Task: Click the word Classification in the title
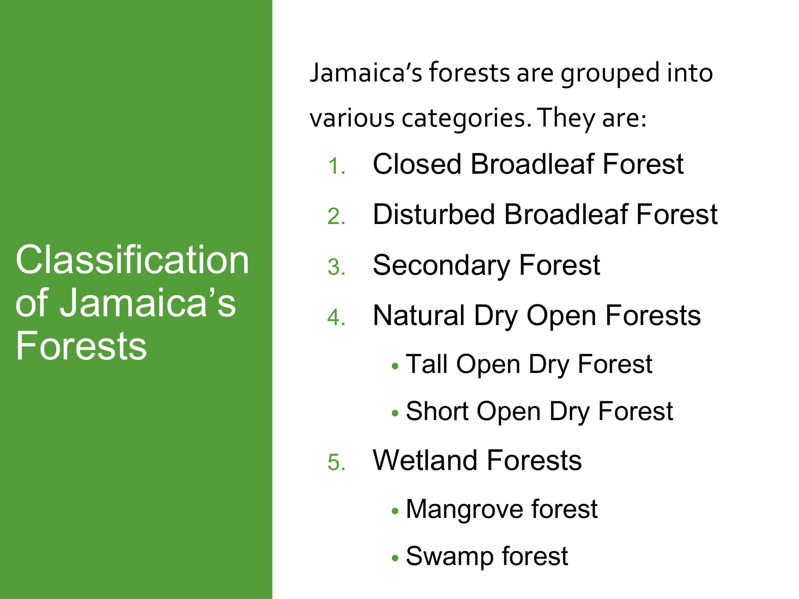pos(132,260)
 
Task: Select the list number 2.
pos(336,216)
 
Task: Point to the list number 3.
pos(336,267)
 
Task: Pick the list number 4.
pos(336,317)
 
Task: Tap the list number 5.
pos(336,463)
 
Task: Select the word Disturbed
pos(433,214)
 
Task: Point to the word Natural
pos(418,315)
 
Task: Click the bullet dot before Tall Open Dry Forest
pos(395,366)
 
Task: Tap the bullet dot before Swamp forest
pos(395,558)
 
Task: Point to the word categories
pos(466,119)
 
